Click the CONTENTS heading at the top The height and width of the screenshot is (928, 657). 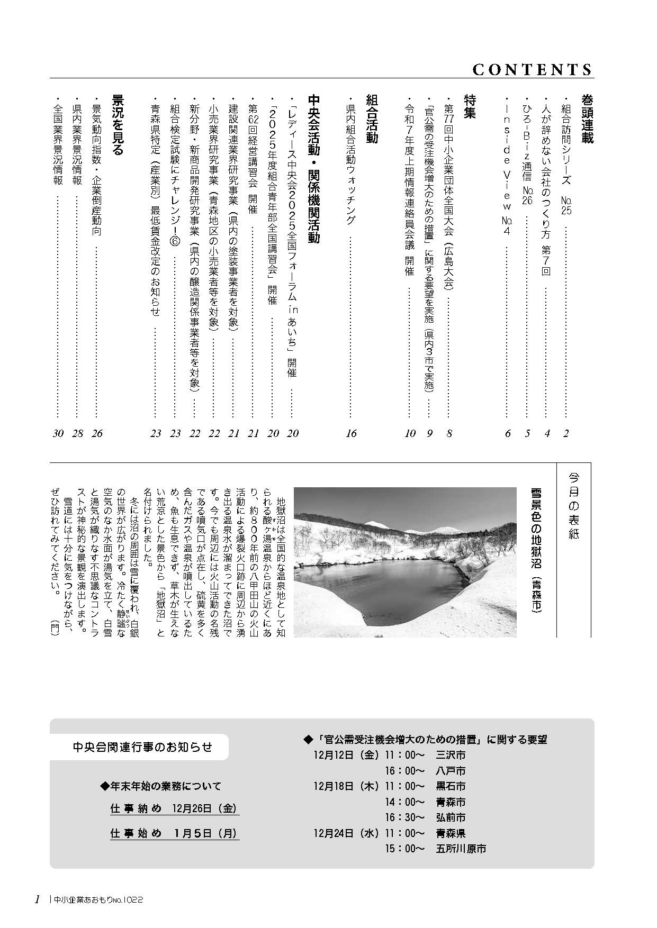(532, 70)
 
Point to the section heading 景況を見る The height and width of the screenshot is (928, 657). (117, 125)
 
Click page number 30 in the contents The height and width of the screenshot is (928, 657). (58, 434)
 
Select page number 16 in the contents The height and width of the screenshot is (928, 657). (351, 434)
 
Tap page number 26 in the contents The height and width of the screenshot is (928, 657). (97, 434)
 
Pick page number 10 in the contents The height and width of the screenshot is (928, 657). (410, 434)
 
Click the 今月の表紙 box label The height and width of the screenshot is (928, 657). (574, 506)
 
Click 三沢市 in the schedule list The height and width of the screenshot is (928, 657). (451, 755)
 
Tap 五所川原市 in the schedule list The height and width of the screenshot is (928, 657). (461, 849)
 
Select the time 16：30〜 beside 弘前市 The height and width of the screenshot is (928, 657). (405, 817)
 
